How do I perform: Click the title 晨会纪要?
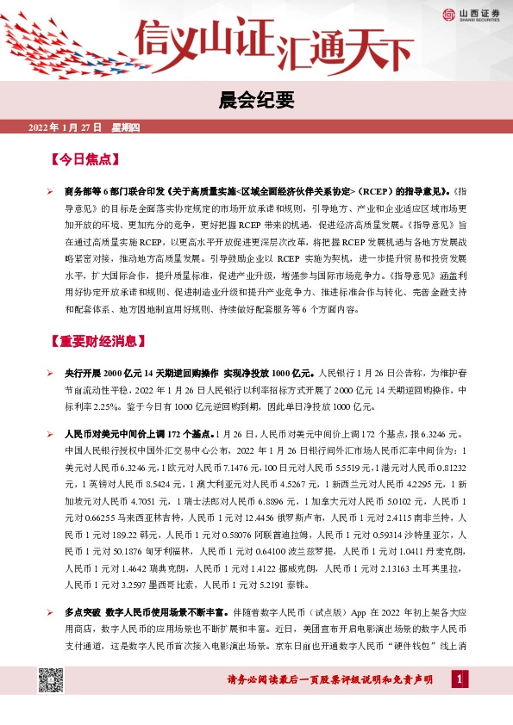coord(256,100)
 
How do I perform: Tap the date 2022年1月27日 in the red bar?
coord(66,127)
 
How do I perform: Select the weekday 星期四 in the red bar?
coord(131,127)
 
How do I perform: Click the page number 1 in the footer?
coord(460,679)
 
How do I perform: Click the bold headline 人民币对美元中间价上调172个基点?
coord(140,434)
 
